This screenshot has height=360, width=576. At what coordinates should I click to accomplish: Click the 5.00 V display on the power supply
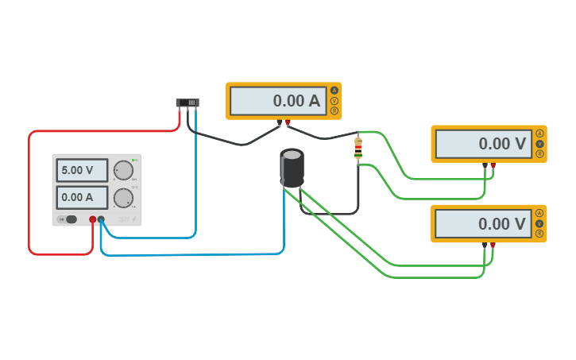click(82, 170)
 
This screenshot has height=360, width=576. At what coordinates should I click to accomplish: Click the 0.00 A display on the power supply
click(82, 197)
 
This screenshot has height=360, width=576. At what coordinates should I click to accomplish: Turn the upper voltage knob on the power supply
click(123, 170)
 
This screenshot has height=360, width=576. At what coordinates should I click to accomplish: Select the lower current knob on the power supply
click(123, 197)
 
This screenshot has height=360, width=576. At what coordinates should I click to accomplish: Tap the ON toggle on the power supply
click(70, 219)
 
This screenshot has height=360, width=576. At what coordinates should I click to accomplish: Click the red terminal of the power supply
click(93, 219)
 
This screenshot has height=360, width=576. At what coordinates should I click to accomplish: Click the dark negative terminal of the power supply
click(101, 219)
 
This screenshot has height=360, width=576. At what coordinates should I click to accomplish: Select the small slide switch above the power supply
click(187, 103)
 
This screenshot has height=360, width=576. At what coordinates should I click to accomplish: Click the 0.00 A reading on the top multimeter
click(279, 101)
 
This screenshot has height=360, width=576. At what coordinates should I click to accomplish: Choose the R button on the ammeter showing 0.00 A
click(334, 111)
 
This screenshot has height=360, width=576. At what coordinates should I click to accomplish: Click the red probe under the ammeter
click(288, 123)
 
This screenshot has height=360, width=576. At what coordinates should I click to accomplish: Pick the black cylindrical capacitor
click(292, 168)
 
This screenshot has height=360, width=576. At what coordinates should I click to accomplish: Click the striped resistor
click(358, 148)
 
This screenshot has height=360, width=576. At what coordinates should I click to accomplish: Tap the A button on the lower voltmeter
click(539, 213)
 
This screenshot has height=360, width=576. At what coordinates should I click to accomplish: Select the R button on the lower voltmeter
click(539, 234)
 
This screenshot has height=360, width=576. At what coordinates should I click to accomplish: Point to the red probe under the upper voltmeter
click(493, 166)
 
